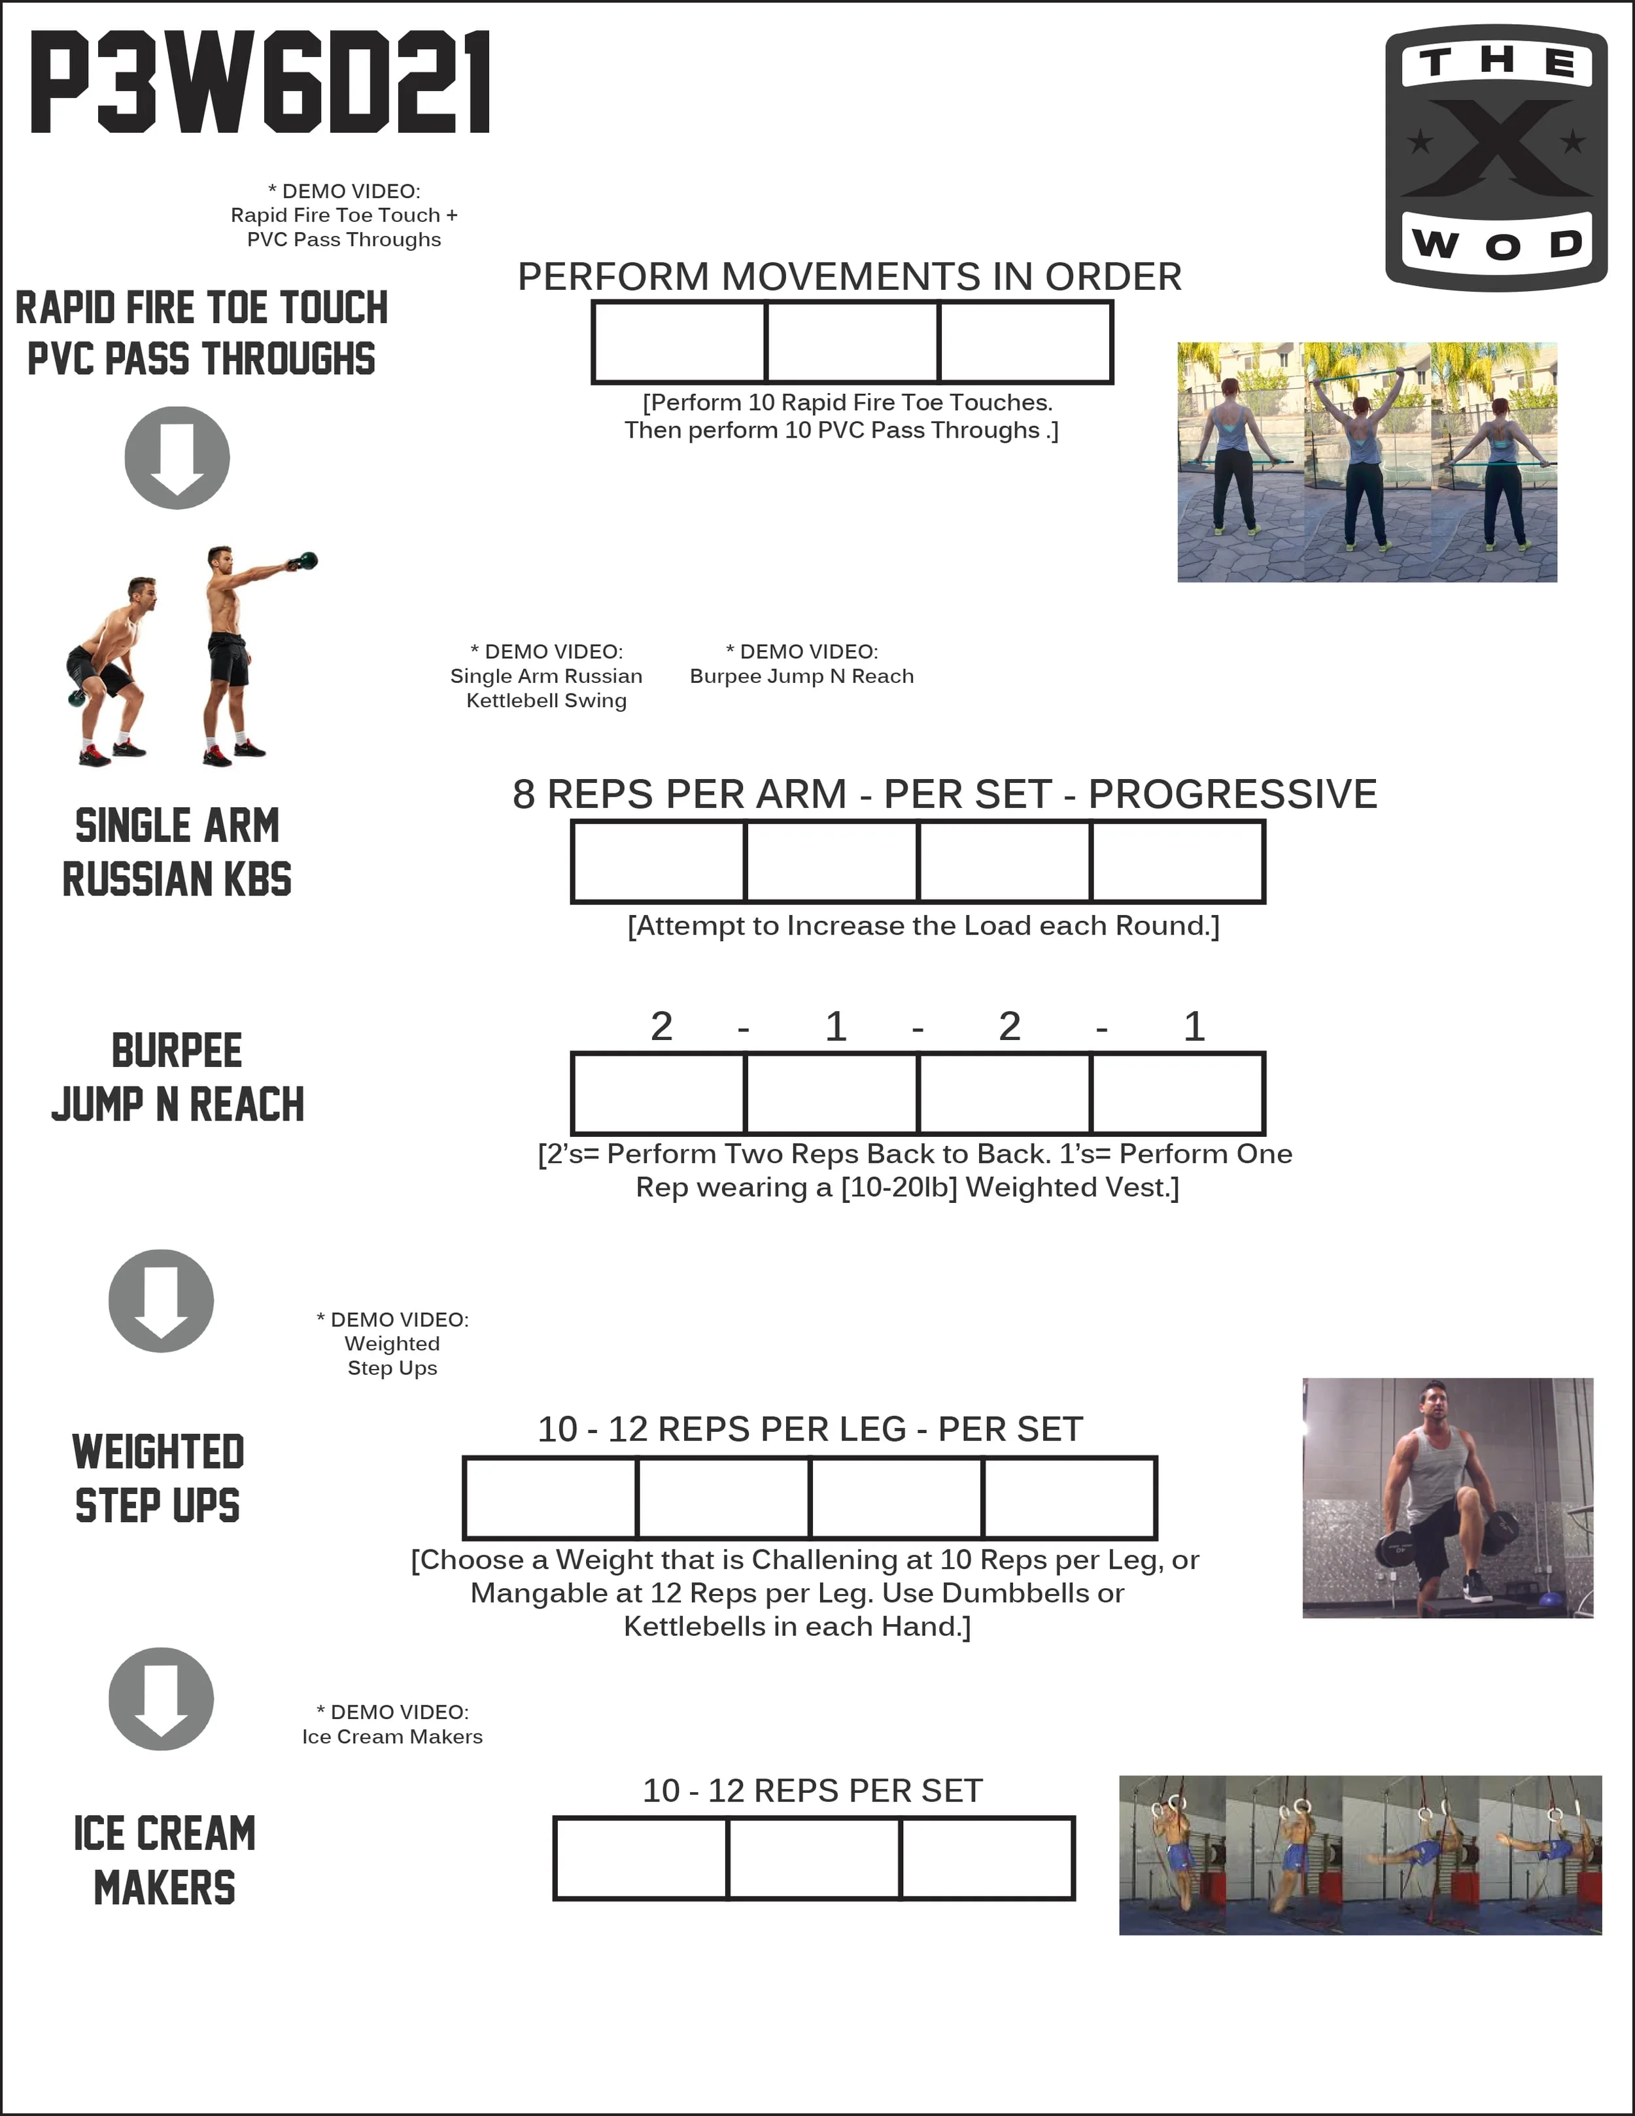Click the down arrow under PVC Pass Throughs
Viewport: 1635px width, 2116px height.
pyautogui.click(x=177, y=457)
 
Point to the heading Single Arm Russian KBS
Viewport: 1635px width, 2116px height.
pyautogui.click(x=177, y=852)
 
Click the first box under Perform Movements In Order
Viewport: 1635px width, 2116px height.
pyautogui.click(x=679, y=342)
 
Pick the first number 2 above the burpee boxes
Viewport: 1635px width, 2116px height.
pyautogui.click(x=662, y=1026)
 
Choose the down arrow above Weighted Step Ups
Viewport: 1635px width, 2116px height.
pyautogui.click(x=161, y=1300)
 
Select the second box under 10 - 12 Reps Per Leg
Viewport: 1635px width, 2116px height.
pyautogui.click(x=723, y=1497)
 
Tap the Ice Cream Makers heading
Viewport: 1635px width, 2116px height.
pyautogui.click(x=165, y=1860)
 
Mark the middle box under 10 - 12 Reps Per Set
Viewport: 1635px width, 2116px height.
pyautogui.click(x=814, y=1858)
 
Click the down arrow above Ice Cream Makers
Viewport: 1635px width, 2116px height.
pyautogui.click(x=161, y=1699)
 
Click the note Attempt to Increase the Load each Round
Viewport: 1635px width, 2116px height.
pyautogui.click(x=923, y=926)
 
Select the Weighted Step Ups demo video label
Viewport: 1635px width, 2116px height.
pyautogui.click(x=392, y=1343)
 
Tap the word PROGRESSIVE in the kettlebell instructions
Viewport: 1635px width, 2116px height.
pyautogui.click(x=1232, y=795)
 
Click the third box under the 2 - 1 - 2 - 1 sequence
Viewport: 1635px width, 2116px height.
pyautogui.click(x=1005, y=1093)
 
